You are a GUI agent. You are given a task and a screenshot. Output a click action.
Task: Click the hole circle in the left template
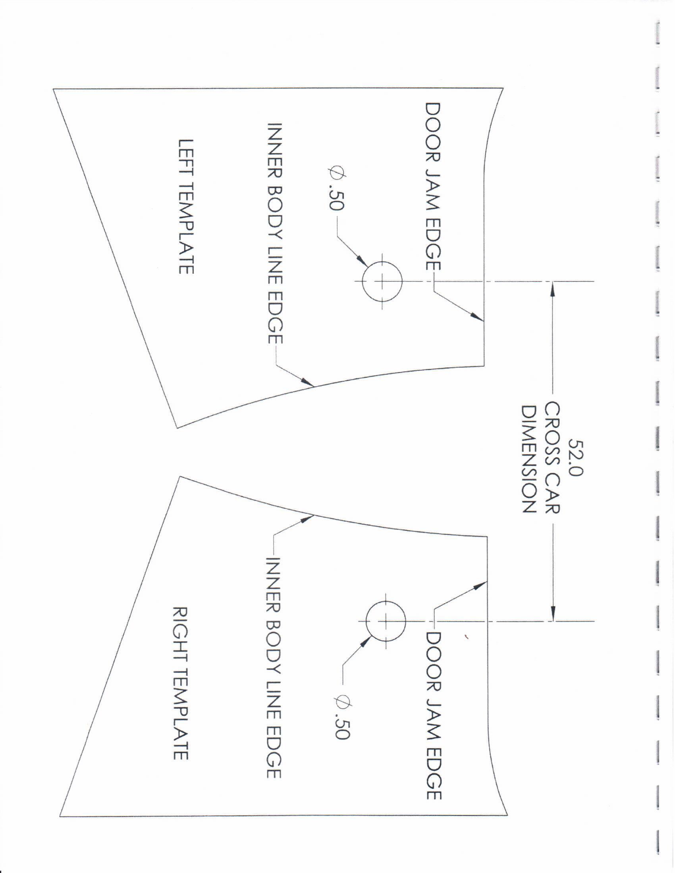382,281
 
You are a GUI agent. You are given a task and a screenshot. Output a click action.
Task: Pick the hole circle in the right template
386,621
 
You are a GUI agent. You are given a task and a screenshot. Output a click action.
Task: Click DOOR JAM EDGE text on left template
432,187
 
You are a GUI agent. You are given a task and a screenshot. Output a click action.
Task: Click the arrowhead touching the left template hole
363,264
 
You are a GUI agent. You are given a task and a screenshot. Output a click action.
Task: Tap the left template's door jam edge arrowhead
476,316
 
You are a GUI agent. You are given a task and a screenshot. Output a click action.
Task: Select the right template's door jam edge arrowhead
479,586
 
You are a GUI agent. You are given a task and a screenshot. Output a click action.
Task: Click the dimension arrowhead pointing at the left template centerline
552,289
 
